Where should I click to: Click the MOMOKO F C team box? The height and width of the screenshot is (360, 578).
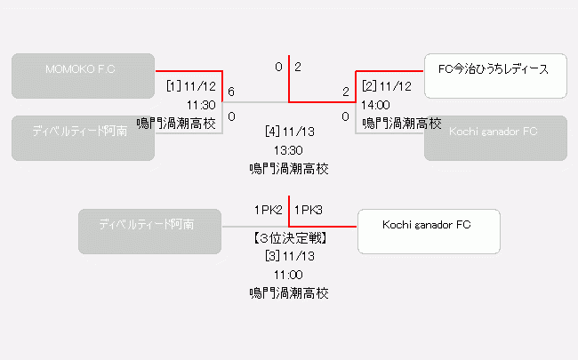point(84,76)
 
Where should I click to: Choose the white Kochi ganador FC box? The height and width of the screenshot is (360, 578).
point(428,230)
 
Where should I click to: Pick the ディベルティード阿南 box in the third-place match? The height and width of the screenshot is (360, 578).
point(149,230)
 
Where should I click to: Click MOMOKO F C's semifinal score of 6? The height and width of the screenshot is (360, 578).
point(231,92)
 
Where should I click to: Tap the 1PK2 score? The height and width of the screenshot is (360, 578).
point(268,210)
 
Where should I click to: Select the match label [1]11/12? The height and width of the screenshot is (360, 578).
point(191,87)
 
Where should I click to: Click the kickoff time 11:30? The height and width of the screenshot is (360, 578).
point(202,105)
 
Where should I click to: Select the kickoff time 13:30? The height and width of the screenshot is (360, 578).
point(289,150)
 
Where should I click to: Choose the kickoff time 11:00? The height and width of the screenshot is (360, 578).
point(289,275)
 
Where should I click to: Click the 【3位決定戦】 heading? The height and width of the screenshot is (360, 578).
point(289,238)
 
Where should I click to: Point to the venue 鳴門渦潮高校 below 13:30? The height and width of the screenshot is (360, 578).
point(289,168)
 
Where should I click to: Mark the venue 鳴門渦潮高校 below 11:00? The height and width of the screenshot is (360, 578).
point(289,292)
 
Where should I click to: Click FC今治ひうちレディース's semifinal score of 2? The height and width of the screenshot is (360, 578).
point(346,92)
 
